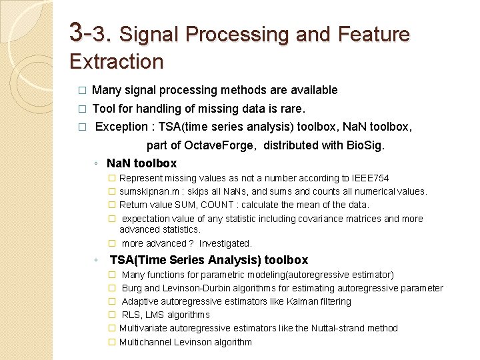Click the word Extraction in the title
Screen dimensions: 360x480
(x=117, y=62)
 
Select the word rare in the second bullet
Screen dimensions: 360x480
(x=291, y=109)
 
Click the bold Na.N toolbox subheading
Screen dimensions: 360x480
(x=141, y=163)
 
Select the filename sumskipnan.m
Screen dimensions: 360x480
(x=147, y=192)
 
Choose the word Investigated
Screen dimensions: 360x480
(x=225, y=244)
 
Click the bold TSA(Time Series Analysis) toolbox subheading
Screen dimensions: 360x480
(x=209, y=260)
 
